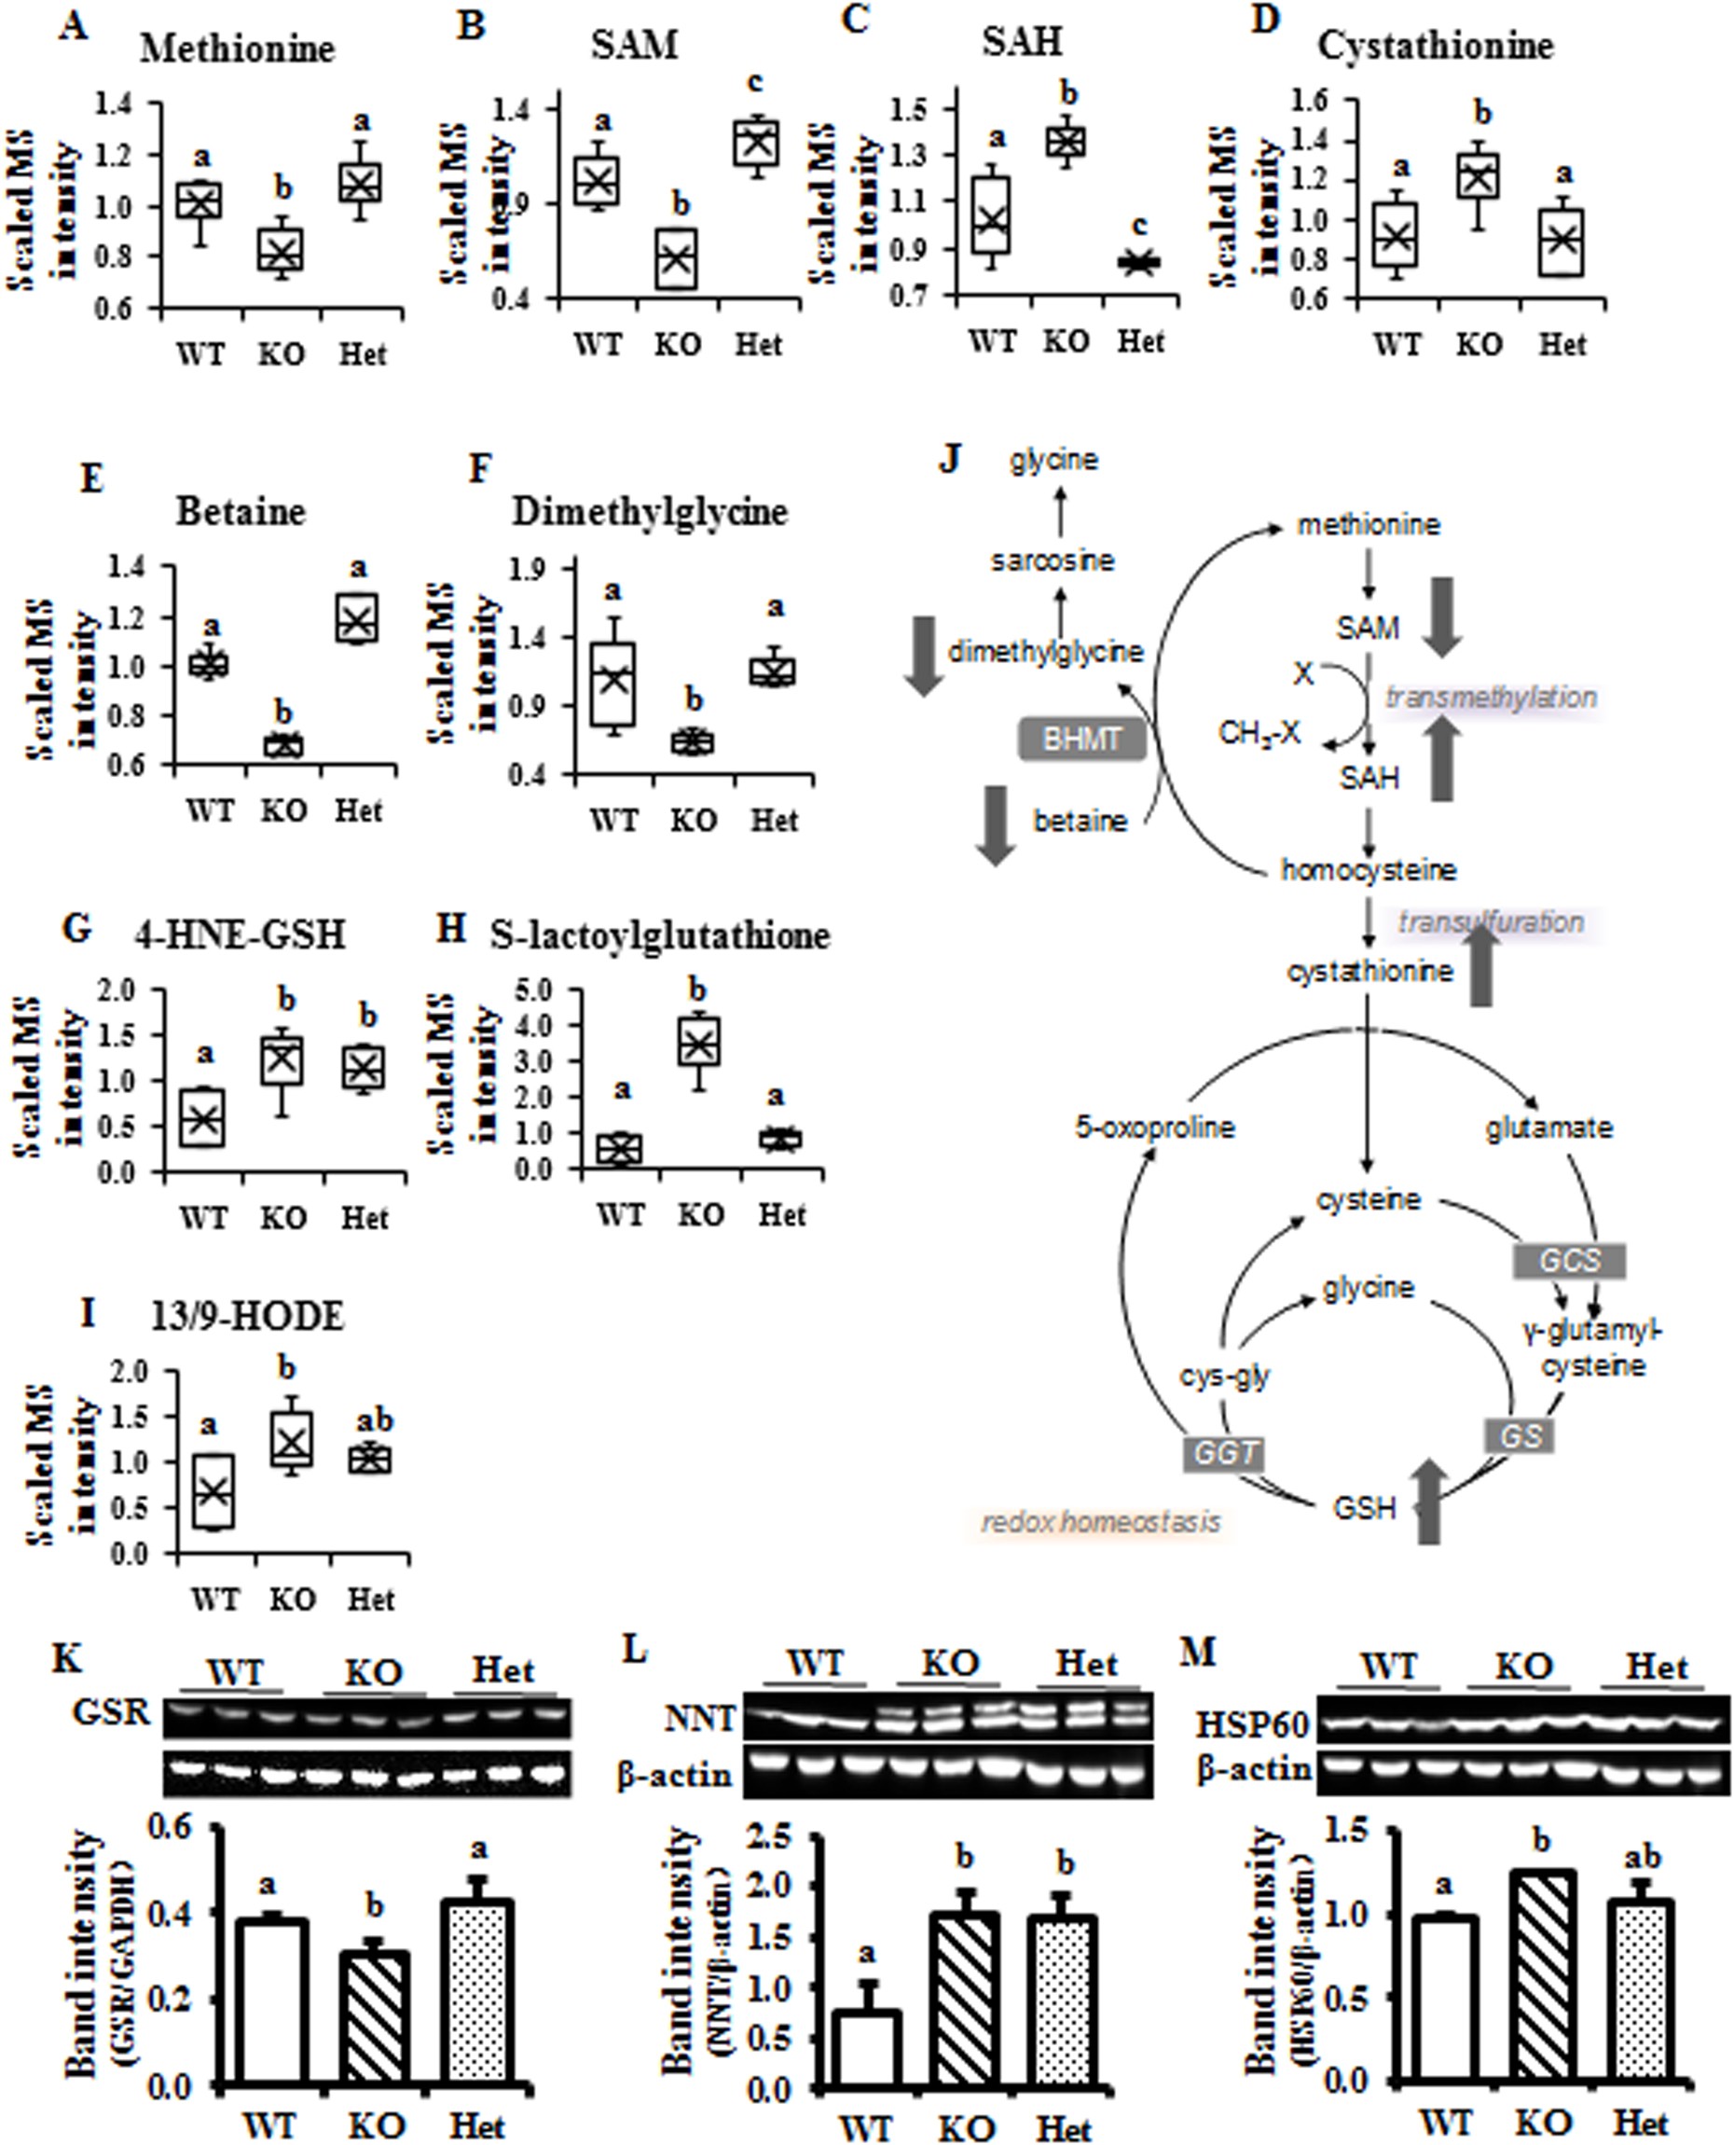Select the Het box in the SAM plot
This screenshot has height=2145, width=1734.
tap(756, 142)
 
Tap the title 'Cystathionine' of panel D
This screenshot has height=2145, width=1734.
tap(1436, 46)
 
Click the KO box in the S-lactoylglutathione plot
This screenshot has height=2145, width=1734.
tap(698, 1042)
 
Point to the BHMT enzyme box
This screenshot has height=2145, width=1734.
tap(1081, 740)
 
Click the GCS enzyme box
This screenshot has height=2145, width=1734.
tap(1569, 1261)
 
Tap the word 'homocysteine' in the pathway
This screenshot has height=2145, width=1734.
tap(1369, 870)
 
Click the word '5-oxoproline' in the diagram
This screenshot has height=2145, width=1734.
tap(1155, 1128)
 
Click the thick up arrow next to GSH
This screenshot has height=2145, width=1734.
tap(1429, 1501)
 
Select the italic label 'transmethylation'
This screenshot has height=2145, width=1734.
tap(1491, 697)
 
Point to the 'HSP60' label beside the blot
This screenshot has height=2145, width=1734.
tap(1254, 1723)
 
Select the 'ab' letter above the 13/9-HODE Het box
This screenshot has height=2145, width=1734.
tap(375, 1419)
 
